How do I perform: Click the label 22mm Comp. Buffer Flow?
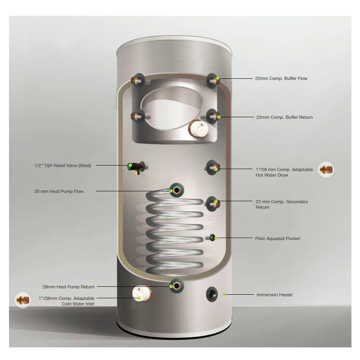pos(281,78)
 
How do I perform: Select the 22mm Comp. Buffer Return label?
pos(284,117)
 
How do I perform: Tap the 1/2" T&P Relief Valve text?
pos(63,166)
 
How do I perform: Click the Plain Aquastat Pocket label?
pos(277,238)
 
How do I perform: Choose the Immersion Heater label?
pos(274,295)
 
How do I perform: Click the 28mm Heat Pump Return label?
pos(68,287)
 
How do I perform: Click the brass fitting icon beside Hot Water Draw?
pos(326,170)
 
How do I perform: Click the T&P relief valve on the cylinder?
pos(134,166)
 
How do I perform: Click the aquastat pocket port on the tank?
pos(211,238)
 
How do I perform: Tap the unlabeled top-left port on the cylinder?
pos(137,81)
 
